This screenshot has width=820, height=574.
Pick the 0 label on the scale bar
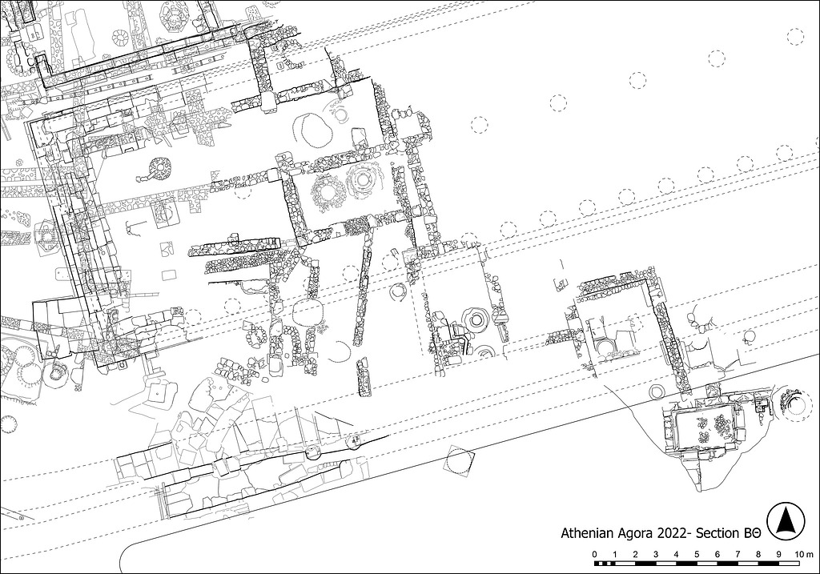point(595,554)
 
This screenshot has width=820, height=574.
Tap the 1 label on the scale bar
point(615,554)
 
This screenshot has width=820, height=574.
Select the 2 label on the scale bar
point(635,554)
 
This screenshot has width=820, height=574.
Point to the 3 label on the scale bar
point(656,554)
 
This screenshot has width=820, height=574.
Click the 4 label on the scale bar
point(676,554)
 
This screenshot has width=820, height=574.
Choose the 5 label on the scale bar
point(697,554)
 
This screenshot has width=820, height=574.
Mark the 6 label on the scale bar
point(717,554)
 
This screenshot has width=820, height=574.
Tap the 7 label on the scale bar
point(738,554)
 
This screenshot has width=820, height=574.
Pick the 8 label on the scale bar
point(758,554)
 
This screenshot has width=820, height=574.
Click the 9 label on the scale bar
point(778,554)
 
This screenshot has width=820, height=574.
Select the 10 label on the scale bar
point(798,554)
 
